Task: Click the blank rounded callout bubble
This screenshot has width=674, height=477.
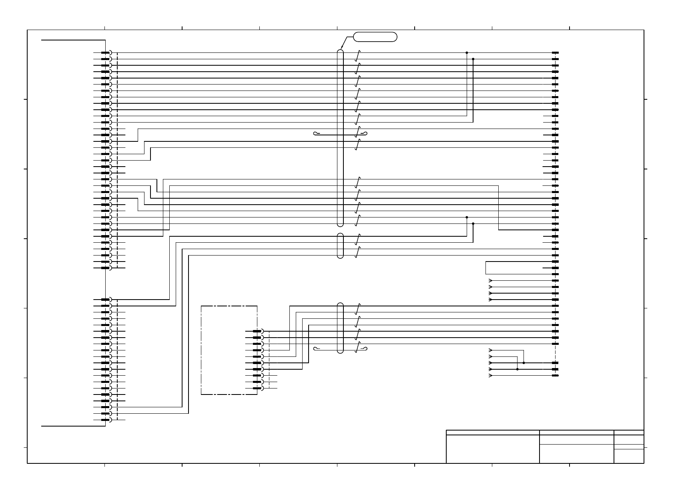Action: (375, 37)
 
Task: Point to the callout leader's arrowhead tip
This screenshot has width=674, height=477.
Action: (341, 50)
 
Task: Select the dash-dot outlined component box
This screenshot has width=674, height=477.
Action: (229, 350)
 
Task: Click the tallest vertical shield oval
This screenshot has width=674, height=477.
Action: (340, 138)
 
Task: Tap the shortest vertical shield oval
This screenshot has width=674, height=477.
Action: (340, 246)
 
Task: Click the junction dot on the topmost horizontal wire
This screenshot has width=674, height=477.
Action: (467, 52)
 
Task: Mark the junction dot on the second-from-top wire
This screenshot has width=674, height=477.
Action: (473, 59)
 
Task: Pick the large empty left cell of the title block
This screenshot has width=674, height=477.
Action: (493, 449)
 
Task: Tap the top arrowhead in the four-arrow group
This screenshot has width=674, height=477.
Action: (491, 280)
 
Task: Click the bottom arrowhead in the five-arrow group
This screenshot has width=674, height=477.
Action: (491, 376)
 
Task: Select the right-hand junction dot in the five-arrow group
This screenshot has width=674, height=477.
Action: (524, 363)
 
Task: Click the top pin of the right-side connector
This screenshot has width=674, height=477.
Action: (555, 52)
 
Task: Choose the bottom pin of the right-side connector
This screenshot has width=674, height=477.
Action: (555, 376)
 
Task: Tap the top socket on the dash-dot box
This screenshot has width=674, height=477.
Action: (258, 331)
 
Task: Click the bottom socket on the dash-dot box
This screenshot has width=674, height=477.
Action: (258, 388)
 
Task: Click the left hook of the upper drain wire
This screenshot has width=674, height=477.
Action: (316, 133)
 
